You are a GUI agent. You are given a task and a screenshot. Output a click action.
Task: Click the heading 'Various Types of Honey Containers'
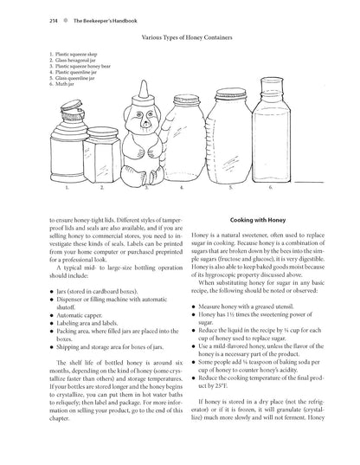(x=180, y=40)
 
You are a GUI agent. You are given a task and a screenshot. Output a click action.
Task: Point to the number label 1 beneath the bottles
(x=66, y=187)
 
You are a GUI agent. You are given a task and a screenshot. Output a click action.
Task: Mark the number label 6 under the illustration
(x=270, y=187)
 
